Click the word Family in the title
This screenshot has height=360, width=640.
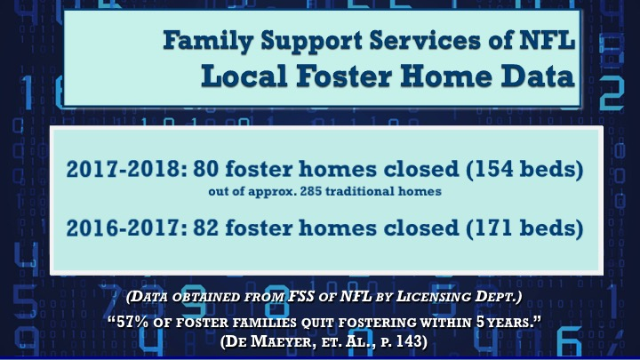(208, 41)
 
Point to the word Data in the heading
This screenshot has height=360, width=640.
(538, 76)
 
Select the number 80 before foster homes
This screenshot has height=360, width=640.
(205, 169)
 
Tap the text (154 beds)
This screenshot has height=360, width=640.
(524, 169)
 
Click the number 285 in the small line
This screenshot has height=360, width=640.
(310, 191)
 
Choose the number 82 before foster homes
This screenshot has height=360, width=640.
(205, 228)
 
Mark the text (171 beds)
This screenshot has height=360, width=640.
(524, 228)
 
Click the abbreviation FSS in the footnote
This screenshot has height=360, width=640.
(301, 296)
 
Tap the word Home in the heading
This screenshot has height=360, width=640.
(445, 76)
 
